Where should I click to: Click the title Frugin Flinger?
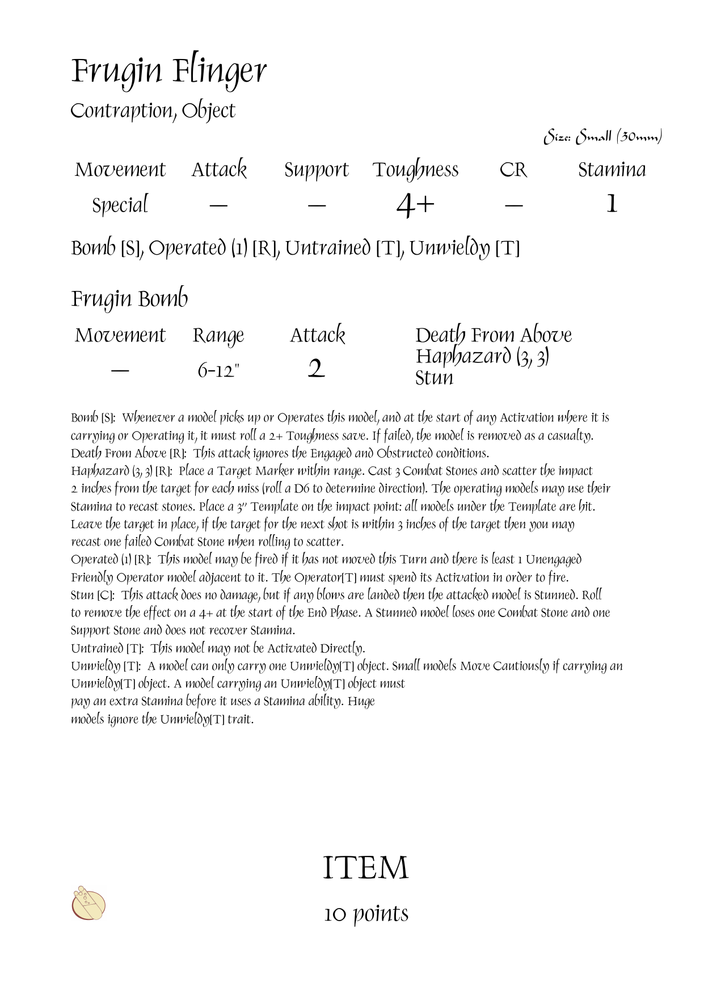[x=168, y=72]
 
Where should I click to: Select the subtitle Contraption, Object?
[x=153, y=111]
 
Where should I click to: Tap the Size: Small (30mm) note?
[x=602, y=137]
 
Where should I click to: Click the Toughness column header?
[x=415, y=170]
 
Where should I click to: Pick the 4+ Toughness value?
[x=415, y=205]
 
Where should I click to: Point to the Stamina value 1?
[x=611, y=204]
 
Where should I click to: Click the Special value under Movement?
[x=120, y=205]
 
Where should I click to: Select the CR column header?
[x=513, y=170]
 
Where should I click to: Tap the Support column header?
[x=316, y=170]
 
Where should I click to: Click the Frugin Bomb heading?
[x=129, y=299]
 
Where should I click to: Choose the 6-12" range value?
[x=218, y=370]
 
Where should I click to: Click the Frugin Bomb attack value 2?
[x=316, y=369]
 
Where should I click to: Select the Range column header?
[x=218, y=336]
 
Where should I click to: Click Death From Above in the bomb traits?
[x=493, y=335]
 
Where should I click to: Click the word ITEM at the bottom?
[x=365, y=868]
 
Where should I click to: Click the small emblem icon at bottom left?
[x=89, y=903]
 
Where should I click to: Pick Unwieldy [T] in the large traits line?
[x=464, y=248]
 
